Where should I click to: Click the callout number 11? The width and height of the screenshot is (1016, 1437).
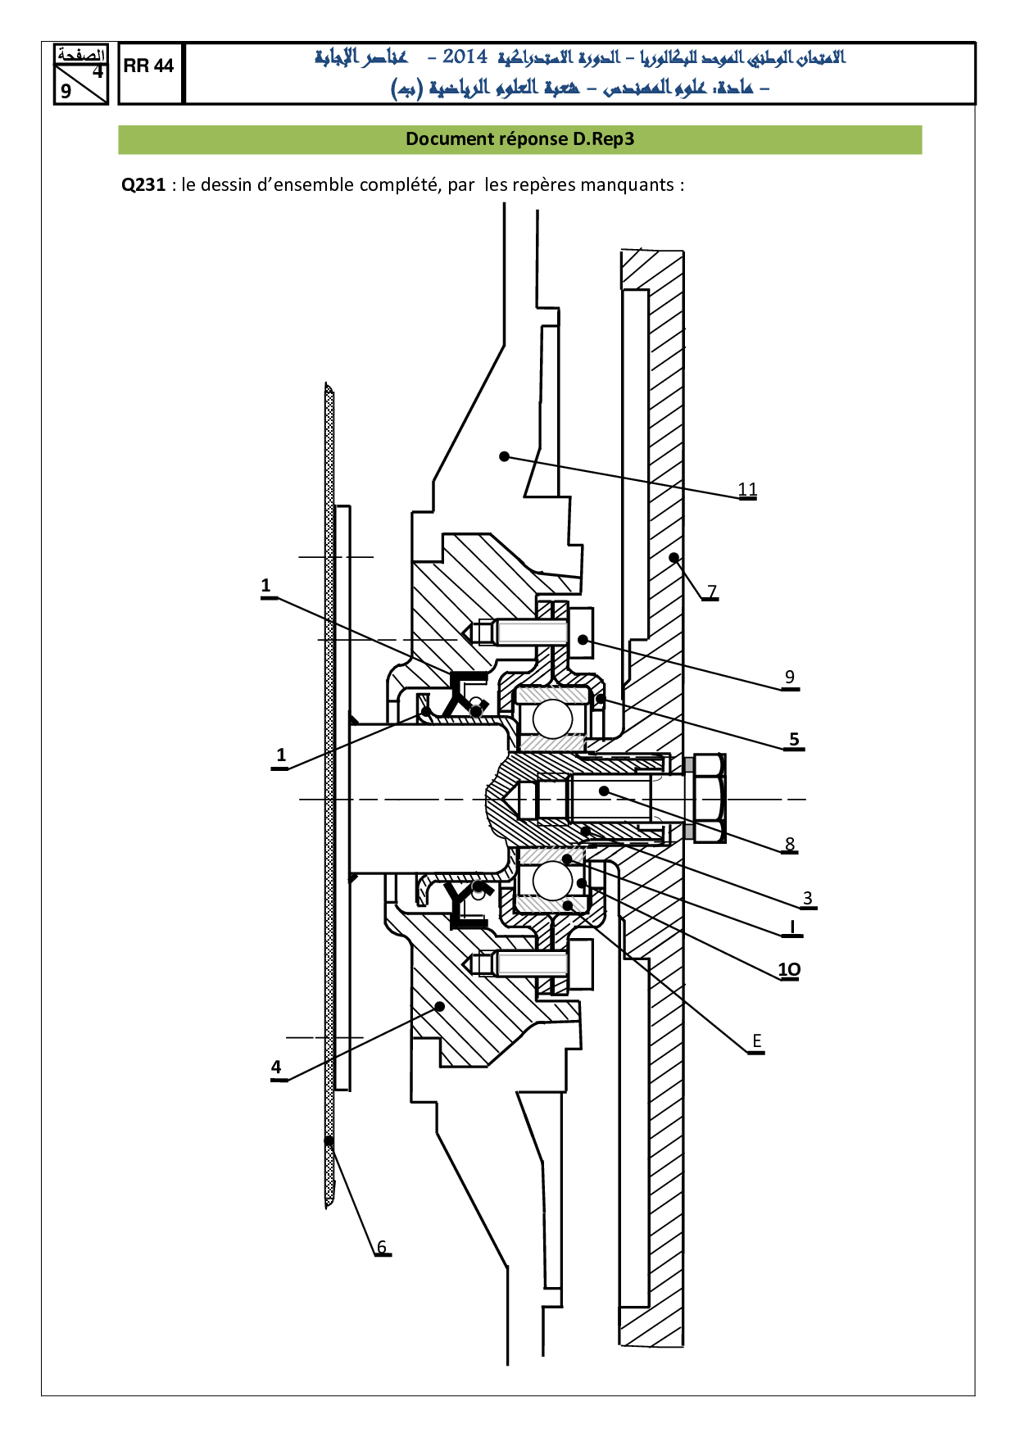click(747, 489)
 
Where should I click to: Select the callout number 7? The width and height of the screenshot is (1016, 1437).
click(712, 591)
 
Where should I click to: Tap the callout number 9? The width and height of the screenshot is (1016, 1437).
click(790, 677)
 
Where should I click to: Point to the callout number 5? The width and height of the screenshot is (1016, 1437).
click(794, 739)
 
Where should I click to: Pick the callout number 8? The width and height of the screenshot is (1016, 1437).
click(790, 844)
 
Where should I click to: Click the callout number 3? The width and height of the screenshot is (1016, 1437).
click(808, 898)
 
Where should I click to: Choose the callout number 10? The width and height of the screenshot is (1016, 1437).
click(789, 970)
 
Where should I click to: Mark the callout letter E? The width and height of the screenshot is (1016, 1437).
click(757, 1041)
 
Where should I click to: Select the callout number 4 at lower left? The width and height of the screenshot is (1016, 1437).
click(276, 1067)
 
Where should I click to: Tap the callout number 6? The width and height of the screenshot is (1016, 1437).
click(382, 1247)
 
